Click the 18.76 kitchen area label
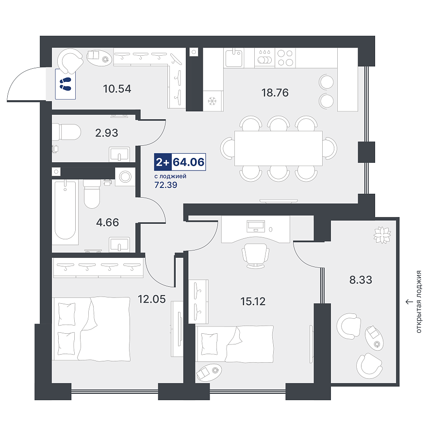pyautogui.click(x=275, y=93)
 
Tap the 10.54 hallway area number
pyautogui.click(x=117, y=89)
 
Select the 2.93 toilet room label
pyautogui.click(x=107, y=133)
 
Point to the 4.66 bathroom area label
pyautogui.click(x=108, y=222)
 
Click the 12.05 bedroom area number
pyautogui.click(x=152, y=299)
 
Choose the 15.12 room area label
pyautogui.click(x=253, y=301)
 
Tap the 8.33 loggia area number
pyautogui.click(x=361, y=280)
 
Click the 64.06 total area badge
pyautogui.click(x=188, y=162)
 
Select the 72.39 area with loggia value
pyautogui.click(x=165, y=185)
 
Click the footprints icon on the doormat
pyautogui.click(x=66, y=84)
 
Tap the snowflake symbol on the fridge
pyautogui.click(x=213, y=101)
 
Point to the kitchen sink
pyautogui.click(x=234, y=58)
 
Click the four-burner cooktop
pyautogui.click(x=285, y=58)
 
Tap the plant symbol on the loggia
pyautogui.click(x=382, y=235)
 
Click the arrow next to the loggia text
pyautogui.click(x=409, y=302)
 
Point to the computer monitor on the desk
pyautogui.click(x=256, y=226)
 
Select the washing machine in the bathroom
pyautogui.click(x=125, y=176)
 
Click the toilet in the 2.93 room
pyautogui.click(x=66, y=132)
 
